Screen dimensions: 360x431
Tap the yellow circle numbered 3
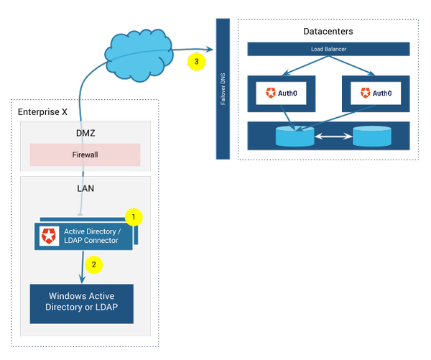195,61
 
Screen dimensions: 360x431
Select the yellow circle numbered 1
134,216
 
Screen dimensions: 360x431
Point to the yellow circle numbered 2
94,264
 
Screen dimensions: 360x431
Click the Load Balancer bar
328,49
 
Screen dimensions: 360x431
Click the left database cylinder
295,136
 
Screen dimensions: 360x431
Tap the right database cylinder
372,135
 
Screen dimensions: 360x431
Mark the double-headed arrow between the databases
333,134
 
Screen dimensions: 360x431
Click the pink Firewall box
85,154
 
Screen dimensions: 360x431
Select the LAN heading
85,188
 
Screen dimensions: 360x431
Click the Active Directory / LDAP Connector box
84,236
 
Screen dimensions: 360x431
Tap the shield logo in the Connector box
50,236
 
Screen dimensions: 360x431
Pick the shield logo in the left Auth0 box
270,93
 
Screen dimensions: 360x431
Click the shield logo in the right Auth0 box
365,93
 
